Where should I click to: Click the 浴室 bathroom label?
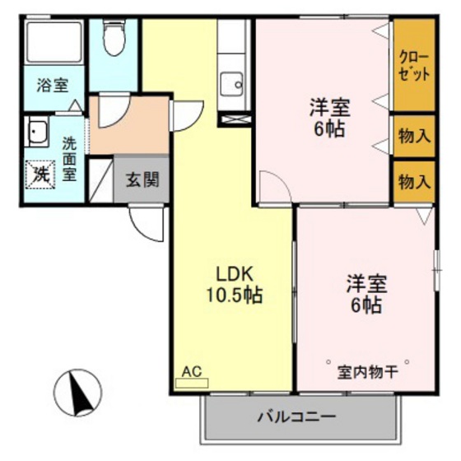click(x=51, y=84)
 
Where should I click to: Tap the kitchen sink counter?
click(x=233, y=70)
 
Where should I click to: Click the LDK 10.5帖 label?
click(x=235, y=283)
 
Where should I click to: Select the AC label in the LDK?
click(x=192, y=372)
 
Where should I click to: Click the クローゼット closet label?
click(x=413, y=64)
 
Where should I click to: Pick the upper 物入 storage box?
click(x=414, y=135)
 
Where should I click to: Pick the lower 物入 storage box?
click(x=414, y=181)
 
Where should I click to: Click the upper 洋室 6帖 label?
click(x=329, y=118)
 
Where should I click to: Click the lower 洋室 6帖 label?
click(x=364, y=295)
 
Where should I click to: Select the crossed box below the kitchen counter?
click(x=233, y=119)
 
